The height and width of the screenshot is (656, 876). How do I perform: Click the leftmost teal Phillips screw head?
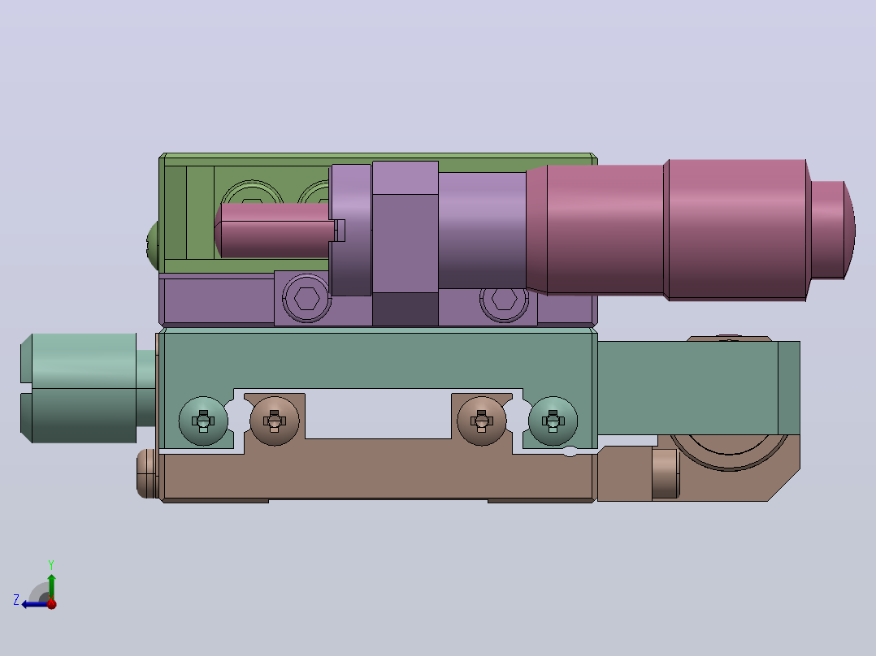click(203, 421)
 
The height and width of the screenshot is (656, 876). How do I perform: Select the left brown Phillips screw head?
click(275, 421)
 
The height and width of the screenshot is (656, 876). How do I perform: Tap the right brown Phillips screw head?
click(482, 421)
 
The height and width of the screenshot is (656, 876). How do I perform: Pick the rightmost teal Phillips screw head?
click(553, 421)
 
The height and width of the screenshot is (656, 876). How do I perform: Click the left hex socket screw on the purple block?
click(306, 298)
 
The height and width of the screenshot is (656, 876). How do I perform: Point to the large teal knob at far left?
click(78, 388)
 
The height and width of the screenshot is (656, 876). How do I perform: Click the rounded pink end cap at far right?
click(833, 230)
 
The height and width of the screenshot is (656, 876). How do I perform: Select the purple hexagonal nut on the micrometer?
click(405, 244)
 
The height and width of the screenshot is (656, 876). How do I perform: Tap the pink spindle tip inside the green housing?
click(275, 230)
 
